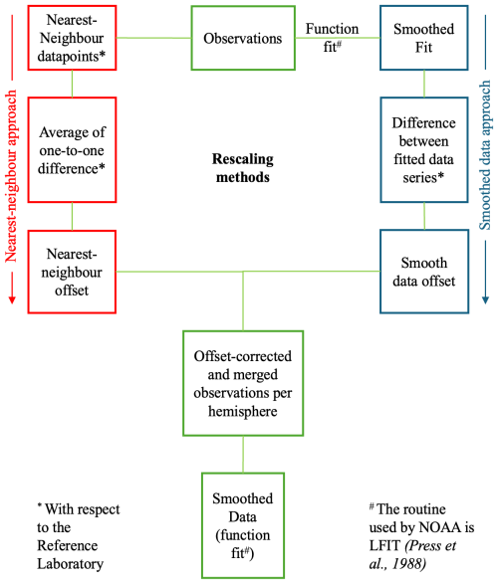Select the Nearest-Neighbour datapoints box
(x=73, y=38)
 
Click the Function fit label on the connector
(x=333, y=38)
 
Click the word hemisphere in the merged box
(x=243, y=410)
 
